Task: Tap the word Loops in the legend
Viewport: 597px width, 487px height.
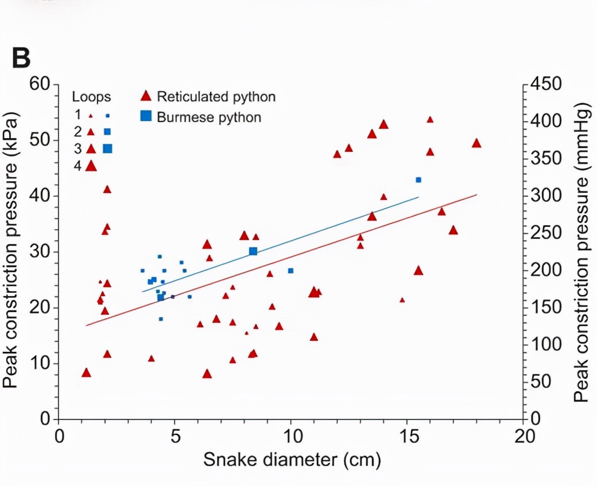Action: (x=91, y=96)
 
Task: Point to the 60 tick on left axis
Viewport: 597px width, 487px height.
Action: (x=41, y=85)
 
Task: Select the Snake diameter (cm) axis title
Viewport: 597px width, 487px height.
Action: (x=291, y=459)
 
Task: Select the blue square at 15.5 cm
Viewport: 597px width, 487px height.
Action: (x=418, y=180)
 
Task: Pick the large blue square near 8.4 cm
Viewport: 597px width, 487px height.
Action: (x=253, y=251)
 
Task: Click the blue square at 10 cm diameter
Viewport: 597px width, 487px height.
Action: (x=290, y=270)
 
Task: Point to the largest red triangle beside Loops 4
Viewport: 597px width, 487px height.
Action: (x=91, y=166)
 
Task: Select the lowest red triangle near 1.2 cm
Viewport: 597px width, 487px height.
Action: (x=87, y=373)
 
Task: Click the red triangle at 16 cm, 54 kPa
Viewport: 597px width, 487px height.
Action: (x=430, y=120)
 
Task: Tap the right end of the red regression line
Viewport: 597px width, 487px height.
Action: (x=476, y=195)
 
